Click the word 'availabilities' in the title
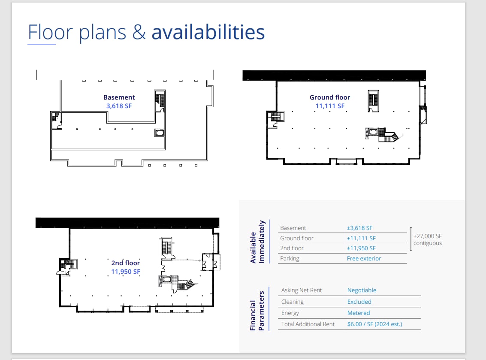208,32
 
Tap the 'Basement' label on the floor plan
119,97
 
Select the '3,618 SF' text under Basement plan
119,106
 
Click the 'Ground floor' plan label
330,97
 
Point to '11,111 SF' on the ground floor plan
330,106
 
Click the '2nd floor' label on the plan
126,263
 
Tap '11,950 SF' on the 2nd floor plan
126,272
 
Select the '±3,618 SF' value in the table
359,228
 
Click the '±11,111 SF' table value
361,238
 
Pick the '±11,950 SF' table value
361,248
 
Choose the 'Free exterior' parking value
364,258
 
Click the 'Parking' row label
290,259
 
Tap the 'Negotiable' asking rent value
362,290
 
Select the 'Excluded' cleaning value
359,302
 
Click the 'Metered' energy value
359,313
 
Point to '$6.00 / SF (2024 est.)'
375,324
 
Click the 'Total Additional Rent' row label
308,324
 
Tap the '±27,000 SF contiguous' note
428,239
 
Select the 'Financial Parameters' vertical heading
257,311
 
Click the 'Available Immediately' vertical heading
257,242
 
